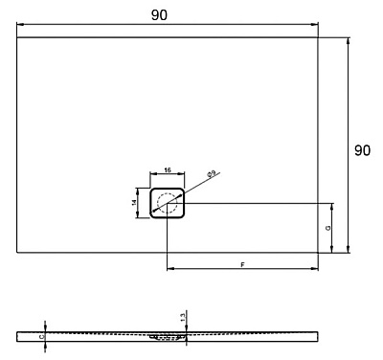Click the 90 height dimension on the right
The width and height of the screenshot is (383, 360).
[x=363, y=150]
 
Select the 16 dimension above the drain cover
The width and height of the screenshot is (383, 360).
[x=168, y=169]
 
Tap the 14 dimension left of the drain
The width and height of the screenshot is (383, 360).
[x=136, y=202]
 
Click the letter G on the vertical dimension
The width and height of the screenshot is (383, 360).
[x=327, y=229]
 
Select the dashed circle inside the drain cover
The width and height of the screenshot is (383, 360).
[x=168, y=203]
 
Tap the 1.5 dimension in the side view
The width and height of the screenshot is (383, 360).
[x=181, y=316]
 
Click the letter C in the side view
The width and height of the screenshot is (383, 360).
[x=41, y=336]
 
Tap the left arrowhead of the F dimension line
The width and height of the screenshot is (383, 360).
[x=170, y=268]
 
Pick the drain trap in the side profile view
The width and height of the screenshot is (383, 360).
[x=168, y=337]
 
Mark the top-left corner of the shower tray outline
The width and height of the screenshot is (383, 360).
[x=18, y=37]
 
